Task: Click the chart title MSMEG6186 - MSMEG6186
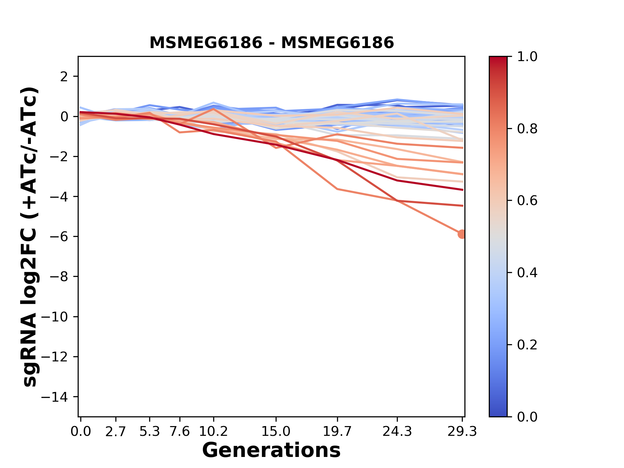(271, 43)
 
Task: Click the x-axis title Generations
(271, 450)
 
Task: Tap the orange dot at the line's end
(462, 234)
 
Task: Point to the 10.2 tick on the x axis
(213, 432)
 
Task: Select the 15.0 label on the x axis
(276, 432)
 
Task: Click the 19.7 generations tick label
(338, 432)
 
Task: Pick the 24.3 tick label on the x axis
(397, 432)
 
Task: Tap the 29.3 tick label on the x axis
(462, 432)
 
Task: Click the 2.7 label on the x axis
(116, 432)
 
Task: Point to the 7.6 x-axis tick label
(180, 432)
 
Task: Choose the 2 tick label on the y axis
(64, 77)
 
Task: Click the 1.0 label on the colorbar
(527, 57)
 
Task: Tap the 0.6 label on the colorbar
(527, 201)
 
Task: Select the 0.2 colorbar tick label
(527, 345)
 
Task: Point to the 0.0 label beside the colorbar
(527, 417)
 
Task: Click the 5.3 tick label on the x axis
(149, 432)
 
